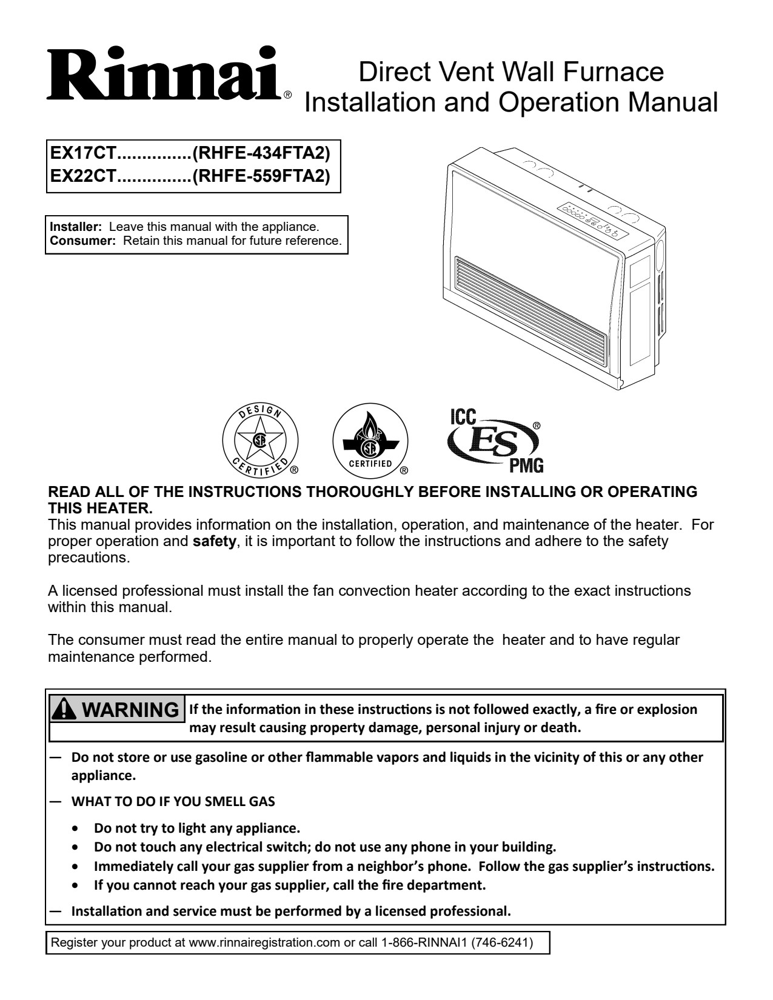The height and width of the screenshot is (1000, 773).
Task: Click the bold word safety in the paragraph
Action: click(214, 541)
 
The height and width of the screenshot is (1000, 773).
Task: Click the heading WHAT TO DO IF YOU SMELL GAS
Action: click(173, 801)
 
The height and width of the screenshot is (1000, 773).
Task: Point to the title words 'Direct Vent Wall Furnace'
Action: click(511, 72)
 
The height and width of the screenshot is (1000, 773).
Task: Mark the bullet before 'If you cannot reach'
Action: click(75, 885)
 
